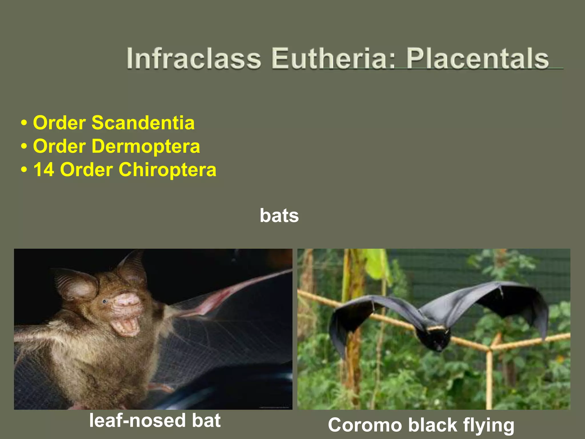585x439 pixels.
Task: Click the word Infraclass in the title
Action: coord(194,59)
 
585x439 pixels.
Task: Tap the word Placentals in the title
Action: coord(477,59)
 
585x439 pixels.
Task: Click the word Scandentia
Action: coord(143,123)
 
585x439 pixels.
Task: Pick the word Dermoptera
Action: coord(146,146)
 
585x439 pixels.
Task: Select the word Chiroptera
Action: coord(167,170)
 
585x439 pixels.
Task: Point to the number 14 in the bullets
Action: coord(44,170)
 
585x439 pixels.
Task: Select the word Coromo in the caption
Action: coord(364,425)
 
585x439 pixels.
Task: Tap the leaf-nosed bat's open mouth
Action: coord(126,326)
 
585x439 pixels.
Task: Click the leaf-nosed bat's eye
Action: coord(105,301)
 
